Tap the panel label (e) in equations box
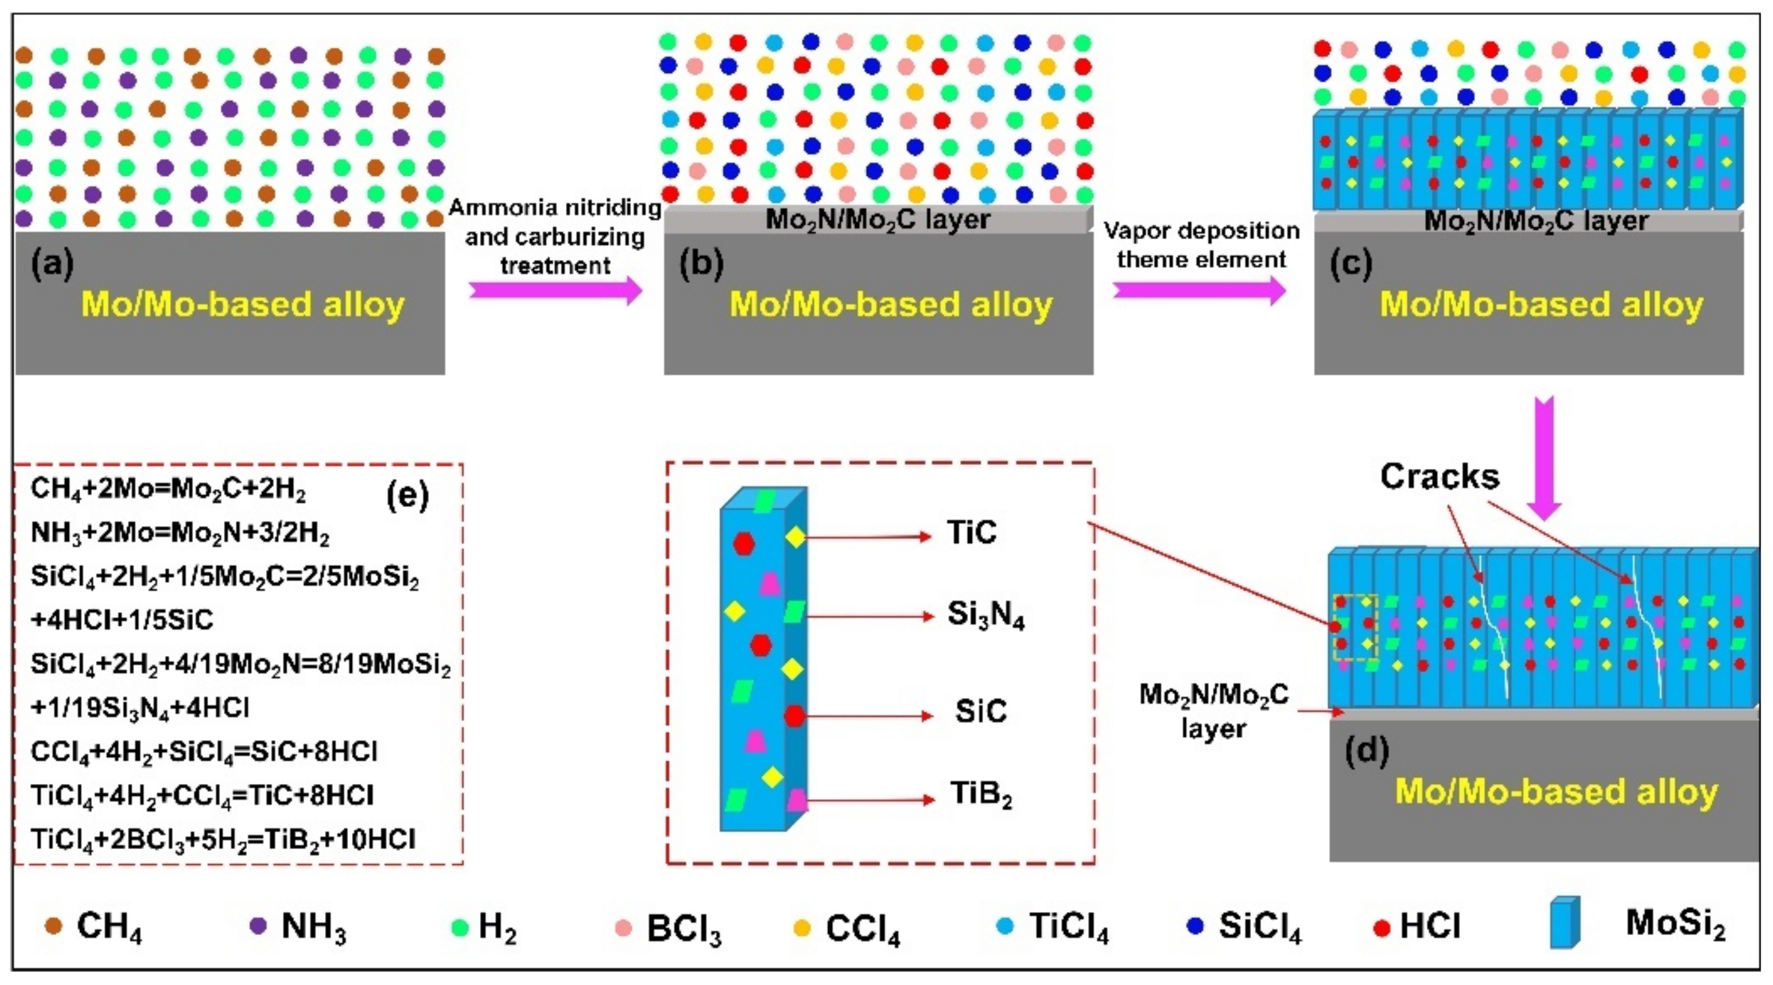click(x=407, y=495)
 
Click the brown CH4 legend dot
click(x=54, y=926)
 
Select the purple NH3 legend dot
click(x=258, y=926)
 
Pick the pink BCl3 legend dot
click(x=624, y=928)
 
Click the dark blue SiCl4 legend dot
click(x=1196, y=927)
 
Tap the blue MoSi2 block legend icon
click(x=1564, y=923)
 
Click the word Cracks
click(x=1439, y=477)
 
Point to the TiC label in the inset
click(x=971, y=533)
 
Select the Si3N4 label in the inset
click(x=986, y=615)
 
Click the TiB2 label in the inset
click(x=981, y=795)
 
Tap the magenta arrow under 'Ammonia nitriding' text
click(x=555, y=290)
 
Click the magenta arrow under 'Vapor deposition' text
click(x=1199, y=290)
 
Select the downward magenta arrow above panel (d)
click(x=1544, y=458)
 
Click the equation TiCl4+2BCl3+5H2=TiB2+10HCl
click(x=223, y=840)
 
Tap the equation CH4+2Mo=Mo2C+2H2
click(x=169, y=489)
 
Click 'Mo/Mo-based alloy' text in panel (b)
click(x=890, y=304)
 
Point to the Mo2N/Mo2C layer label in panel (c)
click(x=1535, y=221)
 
